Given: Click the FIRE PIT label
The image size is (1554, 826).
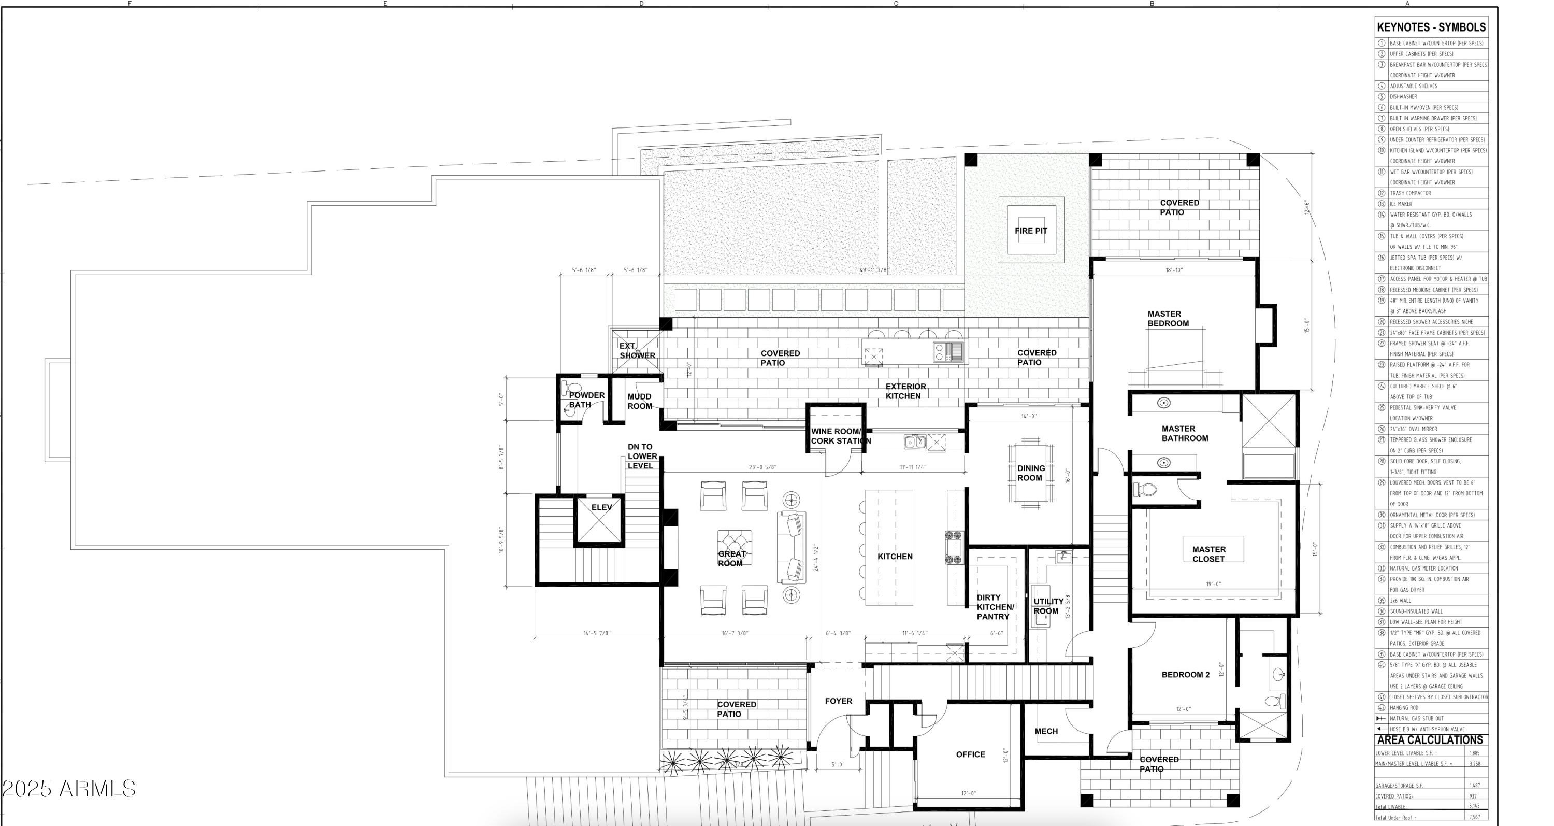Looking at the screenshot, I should [x=1030, y=231].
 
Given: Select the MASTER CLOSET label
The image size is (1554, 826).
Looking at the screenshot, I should [x=1208, y=554].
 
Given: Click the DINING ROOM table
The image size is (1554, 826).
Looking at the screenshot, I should [x=1030, y=473].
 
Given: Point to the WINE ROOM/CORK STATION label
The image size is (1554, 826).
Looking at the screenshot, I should [x=840, y=436].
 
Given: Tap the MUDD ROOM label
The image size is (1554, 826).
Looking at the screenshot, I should [x=639, y=401].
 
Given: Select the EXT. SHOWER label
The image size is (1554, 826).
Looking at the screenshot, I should [x=637, y=350].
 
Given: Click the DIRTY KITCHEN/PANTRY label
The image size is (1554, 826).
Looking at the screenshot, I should [x=995, y=607].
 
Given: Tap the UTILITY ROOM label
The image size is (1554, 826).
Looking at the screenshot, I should [x=1048, y=606].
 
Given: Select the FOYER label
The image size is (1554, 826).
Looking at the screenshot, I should [x=839, y=701].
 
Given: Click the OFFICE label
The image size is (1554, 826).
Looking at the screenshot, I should [x=970, y=754].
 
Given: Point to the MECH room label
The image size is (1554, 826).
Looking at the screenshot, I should [x=1046, y=731].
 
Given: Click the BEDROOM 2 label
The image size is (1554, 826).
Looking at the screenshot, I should [x=1185, y=675].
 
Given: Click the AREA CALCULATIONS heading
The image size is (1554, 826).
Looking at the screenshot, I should [x=1429, y=739].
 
